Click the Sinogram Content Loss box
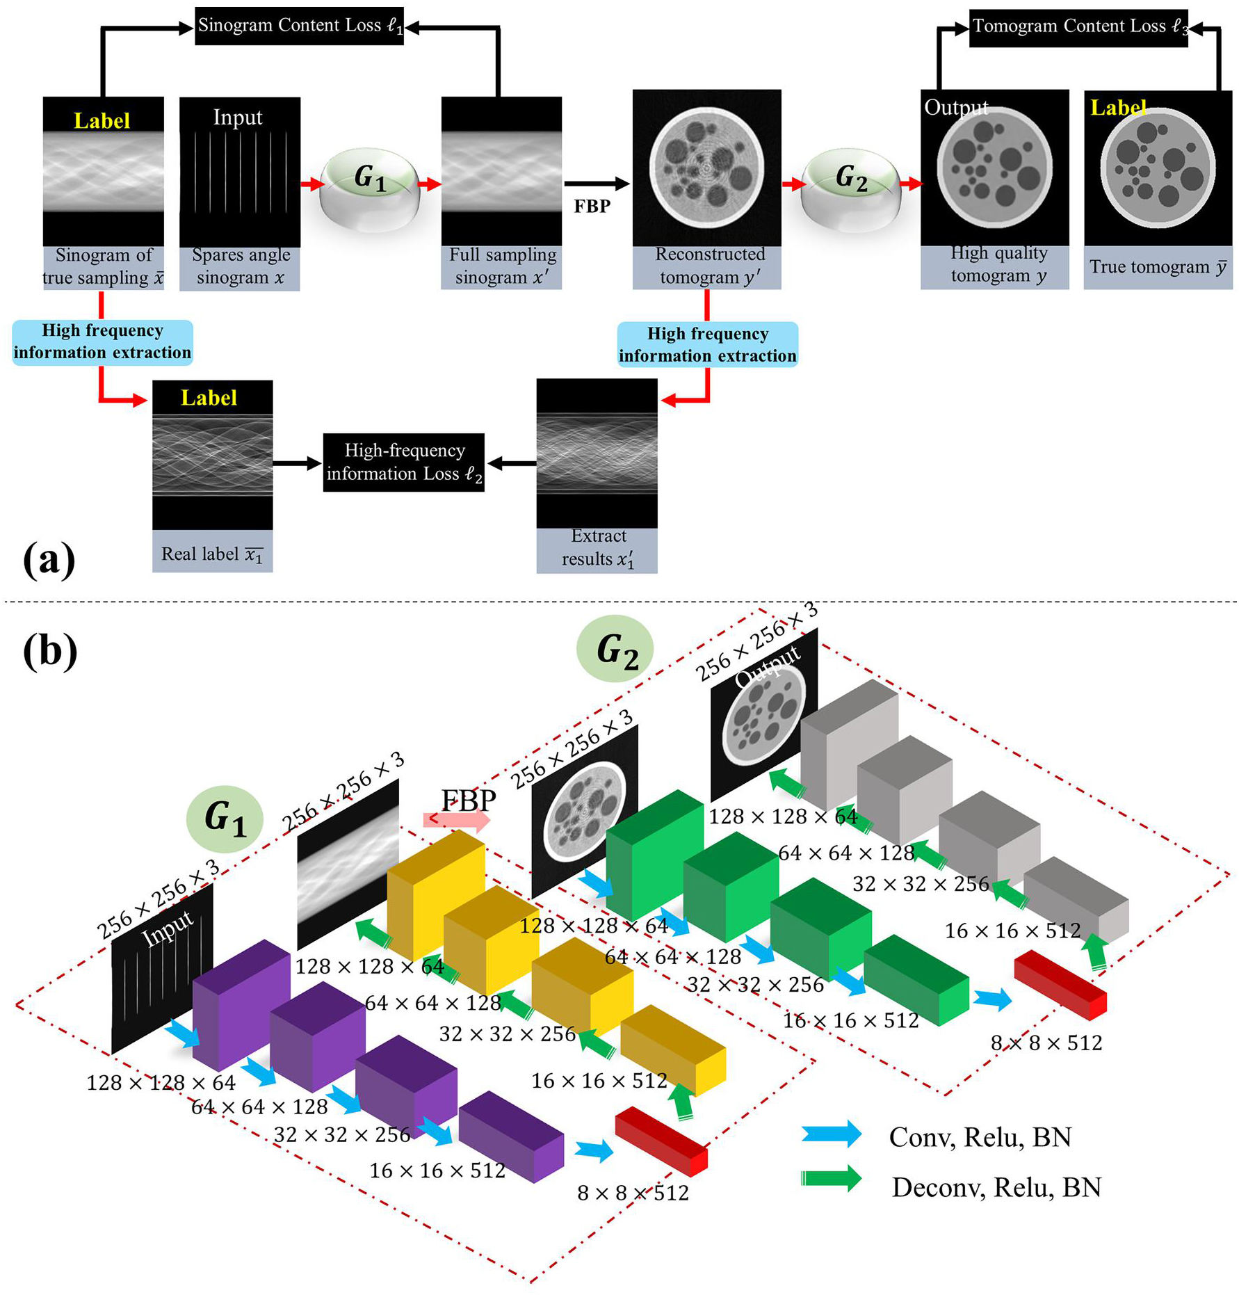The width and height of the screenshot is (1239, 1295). point(299,26)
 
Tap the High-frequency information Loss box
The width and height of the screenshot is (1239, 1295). point(403,462)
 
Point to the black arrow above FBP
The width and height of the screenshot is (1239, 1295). point(597,184)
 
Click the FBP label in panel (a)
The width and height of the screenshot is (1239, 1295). point(592,207)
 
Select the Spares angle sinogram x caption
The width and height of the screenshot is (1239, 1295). point(240,267)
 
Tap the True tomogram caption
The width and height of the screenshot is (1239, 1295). point(1158,267)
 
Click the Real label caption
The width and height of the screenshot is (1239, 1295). point(212,554)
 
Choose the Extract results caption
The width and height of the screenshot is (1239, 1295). point(597,548)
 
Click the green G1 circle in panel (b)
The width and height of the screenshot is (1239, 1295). point(225,819)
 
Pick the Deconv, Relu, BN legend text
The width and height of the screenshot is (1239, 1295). point(996,1187)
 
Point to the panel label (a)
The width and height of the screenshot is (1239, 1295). point(49,560)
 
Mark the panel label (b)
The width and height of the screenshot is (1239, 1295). point(49,652)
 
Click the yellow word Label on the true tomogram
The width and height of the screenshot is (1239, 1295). point(1117,108)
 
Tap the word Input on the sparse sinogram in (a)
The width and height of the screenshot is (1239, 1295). point(238,118)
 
